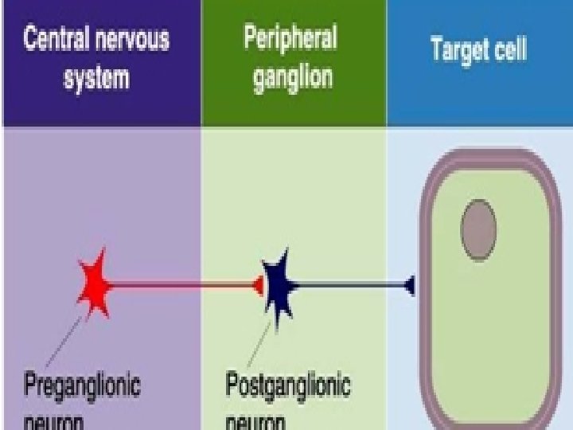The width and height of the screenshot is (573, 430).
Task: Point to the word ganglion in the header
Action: click(293, 79)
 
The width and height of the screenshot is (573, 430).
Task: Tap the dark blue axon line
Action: click(350, 284)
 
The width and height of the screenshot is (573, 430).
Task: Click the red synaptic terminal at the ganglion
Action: click(259, 284)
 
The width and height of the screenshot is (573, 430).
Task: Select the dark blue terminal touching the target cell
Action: click(409, 284)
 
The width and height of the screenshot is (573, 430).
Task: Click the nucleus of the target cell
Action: click(478, 230)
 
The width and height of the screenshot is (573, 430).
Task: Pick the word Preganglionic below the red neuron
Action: click(82, 387)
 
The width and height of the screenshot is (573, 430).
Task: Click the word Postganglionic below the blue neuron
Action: click(288, 387)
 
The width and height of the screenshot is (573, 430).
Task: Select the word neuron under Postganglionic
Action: click(255, 422)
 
